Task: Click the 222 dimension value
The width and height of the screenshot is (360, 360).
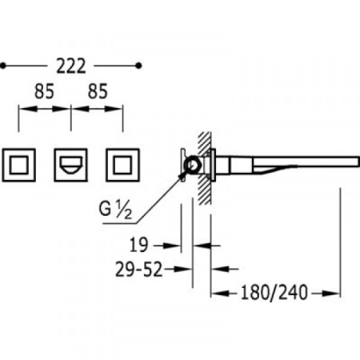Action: tap(71, 66)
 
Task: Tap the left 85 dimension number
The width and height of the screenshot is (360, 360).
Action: tap(44, 91)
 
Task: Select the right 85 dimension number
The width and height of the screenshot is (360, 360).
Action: tap(98, 91)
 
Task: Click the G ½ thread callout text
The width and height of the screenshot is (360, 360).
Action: tap(115, 210)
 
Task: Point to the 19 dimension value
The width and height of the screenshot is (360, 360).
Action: tap(138, 245)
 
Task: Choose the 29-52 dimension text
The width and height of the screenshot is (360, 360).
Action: tap(138, 269)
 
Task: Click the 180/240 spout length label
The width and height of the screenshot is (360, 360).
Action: tap(274, 293)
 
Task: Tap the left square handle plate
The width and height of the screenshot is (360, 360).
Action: tap(18, 165)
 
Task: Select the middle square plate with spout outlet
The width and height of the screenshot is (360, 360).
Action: tap(70, 165)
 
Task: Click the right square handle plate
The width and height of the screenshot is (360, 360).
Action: tap(122, 165)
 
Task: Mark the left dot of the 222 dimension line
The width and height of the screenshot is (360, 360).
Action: tap(3, 66)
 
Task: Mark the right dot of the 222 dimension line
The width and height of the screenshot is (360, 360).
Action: tap(138, 66)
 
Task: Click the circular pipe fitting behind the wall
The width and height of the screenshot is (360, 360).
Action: tap(192, 166)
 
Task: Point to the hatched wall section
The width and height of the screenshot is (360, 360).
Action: tap(205, 169)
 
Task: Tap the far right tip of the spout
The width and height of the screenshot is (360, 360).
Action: tap(359, 162)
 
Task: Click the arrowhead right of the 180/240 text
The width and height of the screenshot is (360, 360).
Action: tap(331, 294)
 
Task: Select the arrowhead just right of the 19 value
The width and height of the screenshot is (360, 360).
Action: tap(172, 246)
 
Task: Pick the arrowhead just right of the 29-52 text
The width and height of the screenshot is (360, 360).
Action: tap(183, 270)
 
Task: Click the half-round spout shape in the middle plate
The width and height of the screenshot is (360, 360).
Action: tap(70, 166)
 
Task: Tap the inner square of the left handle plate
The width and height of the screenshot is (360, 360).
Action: tap(18, 165)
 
